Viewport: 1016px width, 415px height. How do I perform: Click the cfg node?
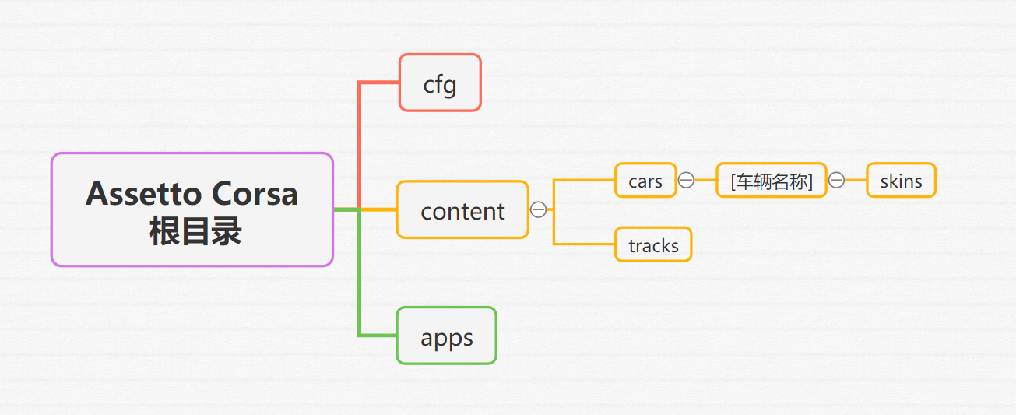(440, 83)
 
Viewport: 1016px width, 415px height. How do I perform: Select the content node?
(462, 209)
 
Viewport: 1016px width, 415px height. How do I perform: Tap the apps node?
(447, 336)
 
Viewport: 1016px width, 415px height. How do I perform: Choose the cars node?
(645, 180)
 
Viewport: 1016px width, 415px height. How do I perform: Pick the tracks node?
(653, 244)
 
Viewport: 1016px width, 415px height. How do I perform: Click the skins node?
(902, 180)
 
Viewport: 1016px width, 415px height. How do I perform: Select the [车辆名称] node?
(772, 180)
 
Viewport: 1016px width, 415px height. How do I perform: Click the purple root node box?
(192, 209)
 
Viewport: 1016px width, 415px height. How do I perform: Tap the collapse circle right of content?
(539, 209)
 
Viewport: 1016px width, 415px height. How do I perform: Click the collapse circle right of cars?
(686, 180)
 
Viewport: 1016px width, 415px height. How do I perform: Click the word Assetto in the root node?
(144, 194)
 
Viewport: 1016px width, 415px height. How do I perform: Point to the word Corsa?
(255, 194)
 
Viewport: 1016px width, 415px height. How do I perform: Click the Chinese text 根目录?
(195, 231)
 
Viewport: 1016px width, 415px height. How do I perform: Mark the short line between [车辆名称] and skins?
(856, 180)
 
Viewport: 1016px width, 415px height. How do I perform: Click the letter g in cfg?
(448, 86)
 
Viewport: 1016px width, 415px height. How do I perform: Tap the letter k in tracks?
(663, 245)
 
